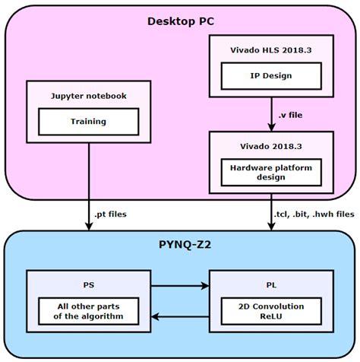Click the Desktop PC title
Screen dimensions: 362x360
[180, 21]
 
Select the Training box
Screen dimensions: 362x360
[89, 121]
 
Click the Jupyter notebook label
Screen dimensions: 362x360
[89, 97]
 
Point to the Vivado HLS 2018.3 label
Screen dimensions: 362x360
[271, 51]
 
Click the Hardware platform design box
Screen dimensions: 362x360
[271, 171]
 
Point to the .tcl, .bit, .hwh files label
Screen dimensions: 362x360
[313, 215]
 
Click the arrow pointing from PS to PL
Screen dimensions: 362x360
[180, 287]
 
